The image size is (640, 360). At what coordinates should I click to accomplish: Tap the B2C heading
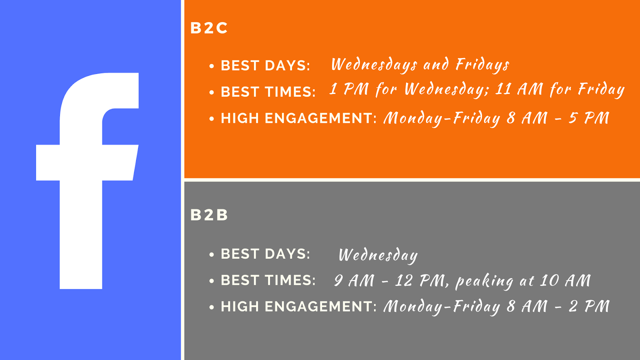(209, 28)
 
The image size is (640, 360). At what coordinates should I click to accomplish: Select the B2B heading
(209, 215)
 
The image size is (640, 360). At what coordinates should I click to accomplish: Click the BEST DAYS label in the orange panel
(266, 66)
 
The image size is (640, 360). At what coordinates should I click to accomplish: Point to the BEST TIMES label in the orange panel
(268, 92)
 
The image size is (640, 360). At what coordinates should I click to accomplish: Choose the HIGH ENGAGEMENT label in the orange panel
(298, 118)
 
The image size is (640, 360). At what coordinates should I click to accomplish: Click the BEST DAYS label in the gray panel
(266, 254)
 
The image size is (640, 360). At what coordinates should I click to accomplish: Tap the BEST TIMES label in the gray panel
(268, 280)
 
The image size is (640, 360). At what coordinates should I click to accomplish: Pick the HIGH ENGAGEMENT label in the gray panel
(298, 306)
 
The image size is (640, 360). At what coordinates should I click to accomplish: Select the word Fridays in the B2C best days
(482, 64)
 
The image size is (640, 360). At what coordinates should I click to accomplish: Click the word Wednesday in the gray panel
(378, 255)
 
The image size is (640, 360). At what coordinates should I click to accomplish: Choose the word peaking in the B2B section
(484, 281)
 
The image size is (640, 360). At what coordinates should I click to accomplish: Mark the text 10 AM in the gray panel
(565, 280)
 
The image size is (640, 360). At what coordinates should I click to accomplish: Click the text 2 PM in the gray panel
(589, 306)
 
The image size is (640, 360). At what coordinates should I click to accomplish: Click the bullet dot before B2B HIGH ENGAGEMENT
(212, 308)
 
